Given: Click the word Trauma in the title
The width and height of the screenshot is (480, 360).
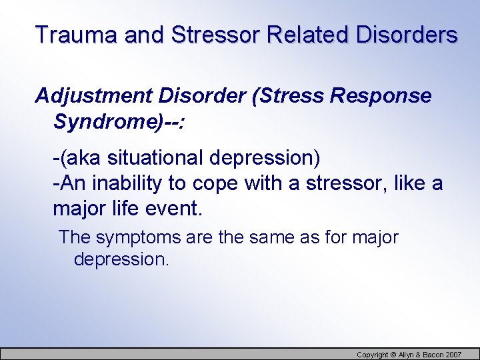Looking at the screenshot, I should pos(65,35).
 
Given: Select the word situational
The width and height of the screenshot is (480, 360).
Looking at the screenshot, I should pos(154,159).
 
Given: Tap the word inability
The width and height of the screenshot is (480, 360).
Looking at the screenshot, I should pos(117,183).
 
